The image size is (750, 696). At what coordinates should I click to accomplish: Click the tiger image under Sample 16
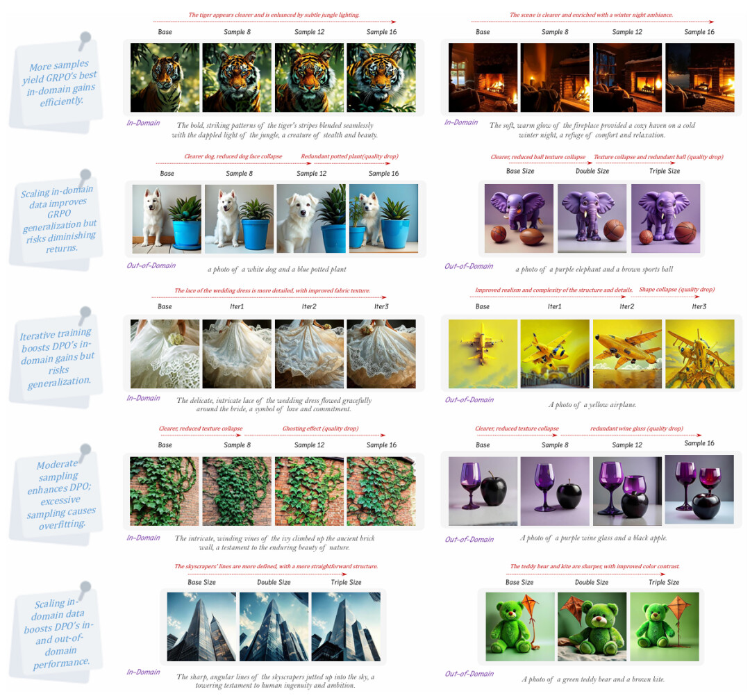click(x=381, y=78)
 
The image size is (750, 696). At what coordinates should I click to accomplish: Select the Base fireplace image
click(x=483, y=78)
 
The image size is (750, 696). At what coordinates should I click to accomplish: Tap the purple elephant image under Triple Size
click(x=666, y=219)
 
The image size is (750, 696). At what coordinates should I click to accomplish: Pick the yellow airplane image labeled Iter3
click(x=700, y=354)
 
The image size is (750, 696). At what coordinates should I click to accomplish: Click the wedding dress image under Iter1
click(x=237, y=354)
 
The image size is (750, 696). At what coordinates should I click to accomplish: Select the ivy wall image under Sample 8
click(x=237, y=491)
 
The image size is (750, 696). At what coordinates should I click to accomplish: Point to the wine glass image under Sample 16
click(x=699, y=489)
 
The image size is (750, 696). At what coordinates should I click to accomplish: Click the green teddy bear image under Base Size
click(x=520, y=627)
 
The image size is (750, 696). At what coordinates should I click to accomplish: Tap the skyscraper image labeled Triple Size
click(x=346, y=627)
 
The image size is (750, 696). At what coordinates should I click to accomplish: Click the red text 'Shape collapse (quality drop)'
click(x=677, y=290)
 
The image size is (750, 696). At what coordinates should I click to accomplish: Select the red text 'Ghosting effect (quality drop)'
click(x=320, y=429)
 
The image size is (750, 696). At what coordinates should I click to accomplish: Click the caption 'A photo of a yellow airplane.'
click(x=592, y=405)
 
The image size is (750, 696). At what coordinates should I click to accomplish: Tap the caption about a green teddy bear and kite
click(x=593, y=679)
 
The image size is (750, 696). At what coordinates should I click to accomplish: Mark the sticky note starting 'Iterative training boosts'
click(x=56, y=358)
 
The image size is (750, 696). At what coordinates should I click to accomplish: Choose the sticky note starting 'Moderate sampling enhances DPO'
click(x=56, y=495)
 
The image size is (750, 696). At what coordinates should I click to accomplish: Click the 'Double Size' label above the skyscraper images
click(x=274, y=582)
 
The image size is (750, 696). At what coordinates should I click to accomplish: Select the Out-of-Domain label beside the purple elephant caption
click(x=469, y=266)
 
